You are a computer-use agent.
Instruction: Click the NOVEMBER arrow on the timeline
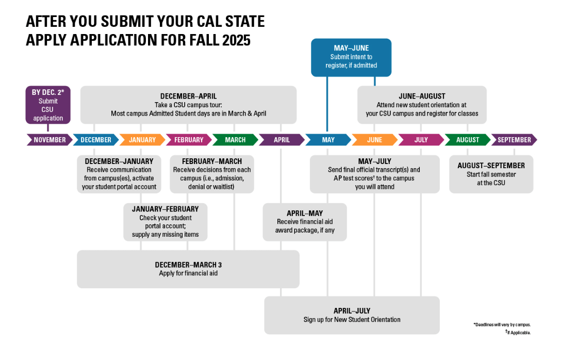pos(50,140)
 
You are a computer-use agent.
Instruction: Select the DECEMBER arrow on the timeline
pos(96,140)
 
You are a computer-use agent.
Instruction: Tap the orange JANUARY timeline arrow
pos(142,140)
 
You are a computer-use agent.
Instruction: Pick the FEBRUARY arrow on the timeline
pos(189,140)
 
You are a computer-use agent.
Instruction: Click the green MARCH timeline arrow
pos(235,140)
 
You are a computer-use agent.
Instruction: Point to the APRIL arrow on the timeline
pos(282,140)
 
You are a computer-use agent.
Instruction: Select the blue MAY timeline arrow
pos(328,140)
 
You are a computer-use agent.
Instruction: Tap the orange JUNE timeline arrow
pos(374,140)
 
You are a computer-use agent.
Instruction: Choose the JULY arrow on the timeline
pos(421,140)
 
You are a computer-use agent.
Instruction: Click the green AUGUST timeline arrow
pos(467,140)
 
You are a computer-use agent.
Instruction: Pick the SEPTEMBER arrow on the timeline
pos(514,140)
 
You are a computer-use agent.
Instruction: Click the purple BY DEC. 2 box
pos(48,105)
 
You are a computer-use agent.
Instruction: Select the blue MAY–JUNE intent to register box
pos(351,57)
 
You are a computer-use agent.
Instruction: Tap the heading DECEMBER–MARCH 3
pos(188,265)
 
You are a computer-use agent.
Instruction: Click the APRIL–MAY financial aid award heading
pos(305,213)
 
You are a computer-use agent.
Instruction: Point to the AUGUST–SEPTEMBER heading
pos(491,166)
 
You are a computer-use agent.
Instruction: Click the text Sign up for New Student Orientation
pos(352,320)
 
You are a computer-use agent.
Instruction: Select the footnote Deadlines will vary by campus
pos(502,325)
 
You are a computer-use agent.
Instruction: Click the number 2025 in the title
pos(233,40)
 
